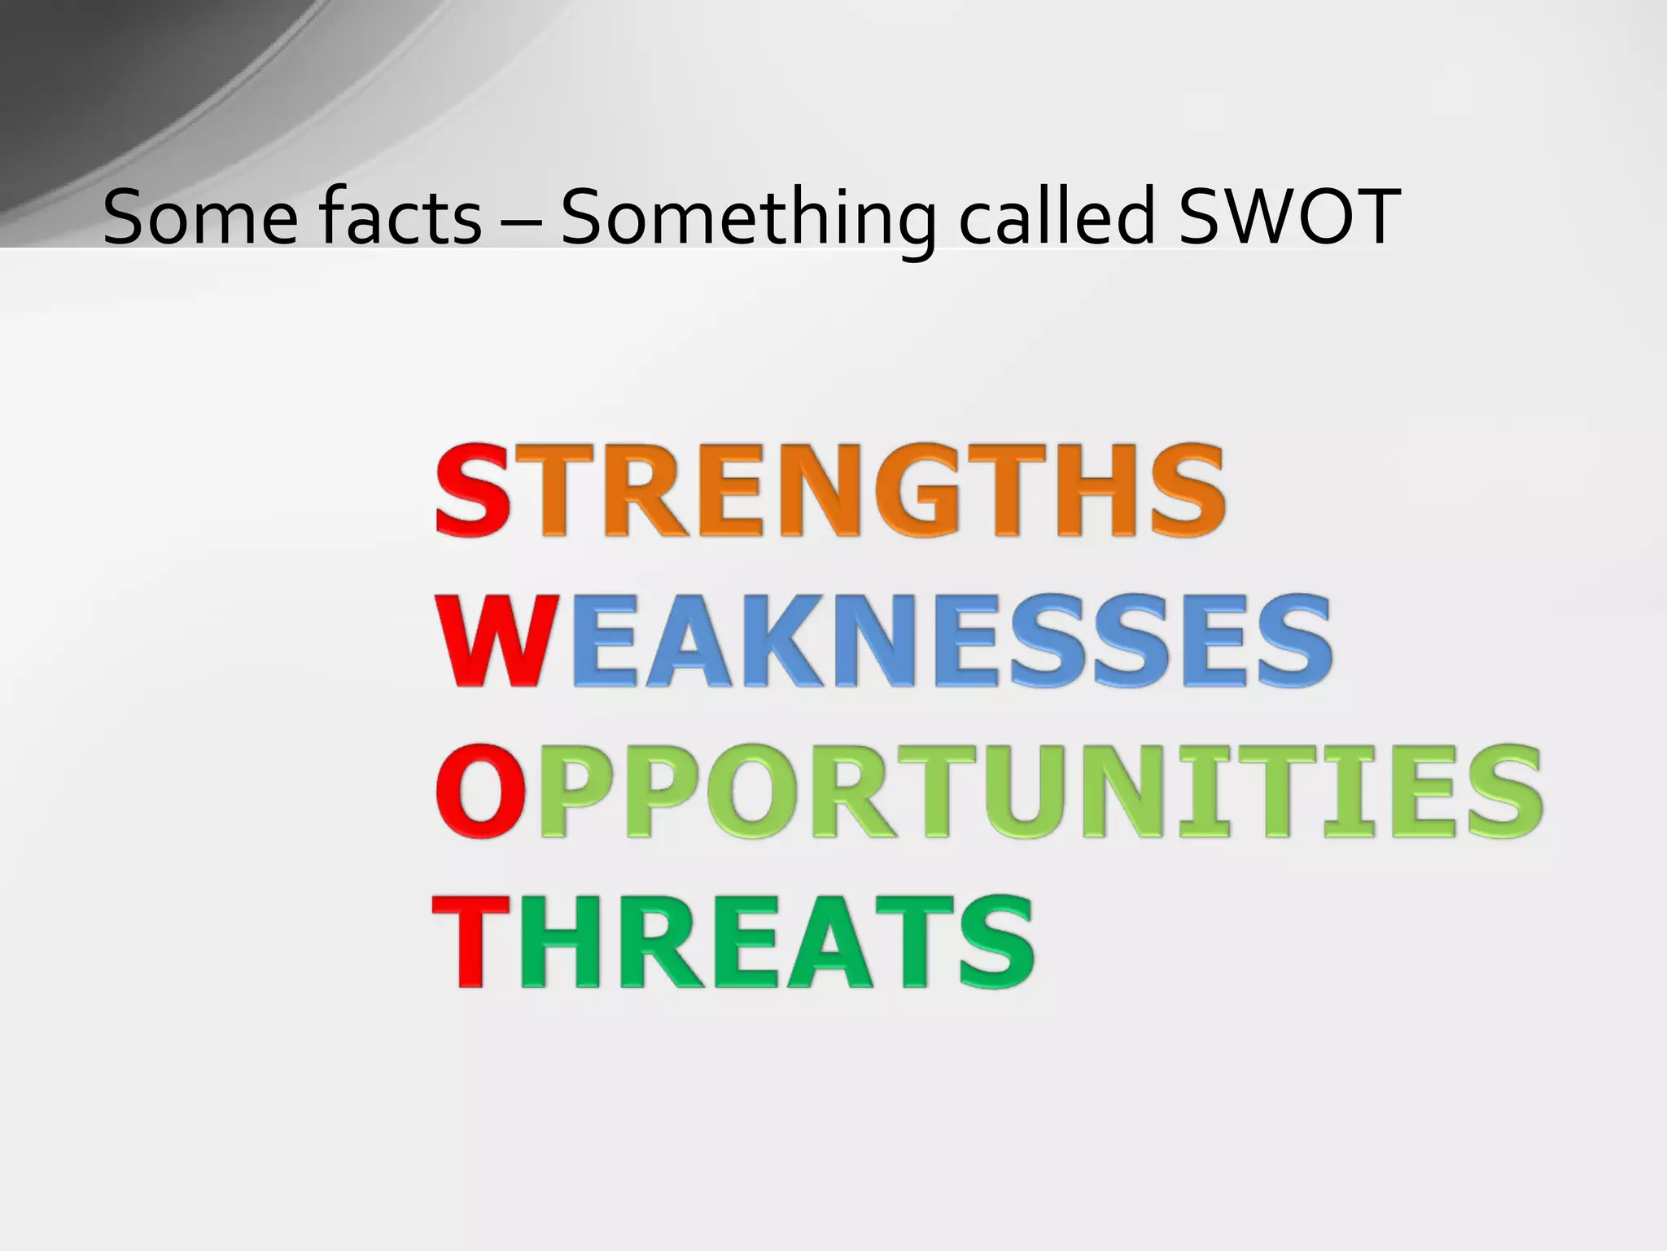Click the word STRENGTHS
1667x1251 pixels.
[x=830, y=489]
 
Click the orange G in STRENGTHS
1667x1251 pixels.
[x=944, y=489]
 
